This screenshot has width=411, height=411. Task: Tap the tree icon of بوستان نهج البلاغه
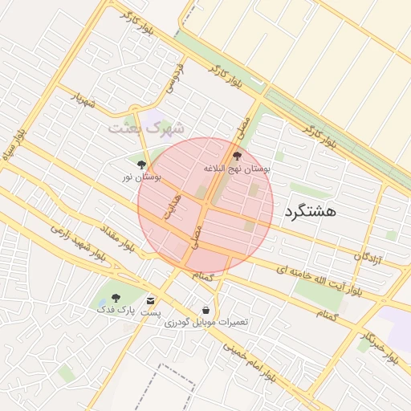click(x=236, y=156)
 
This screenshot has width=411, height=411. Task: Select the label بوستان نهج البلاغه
click(x=237, y=169)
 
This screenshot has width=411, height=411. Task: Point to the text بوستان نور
click(x=142, y=176)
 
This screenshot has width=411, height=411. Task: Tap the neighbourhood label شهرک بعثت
click(x=147, y=128)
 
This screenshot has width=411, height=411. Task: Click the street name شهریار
click(x=83, y=100)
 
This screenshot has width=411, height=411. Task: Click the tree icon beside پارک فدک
click(x=116, y=297)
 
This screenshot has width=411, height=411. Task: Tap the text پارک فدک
click(x=116, y=309)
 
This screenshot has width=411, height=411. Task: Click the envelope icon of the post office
click(x=151, y=299)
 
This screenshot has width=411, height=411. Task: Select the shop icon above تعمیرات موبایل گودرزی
click(x=206, y=310)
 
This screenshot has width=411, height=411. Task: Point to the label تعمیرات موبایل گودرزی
click(x=206, y=322)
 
